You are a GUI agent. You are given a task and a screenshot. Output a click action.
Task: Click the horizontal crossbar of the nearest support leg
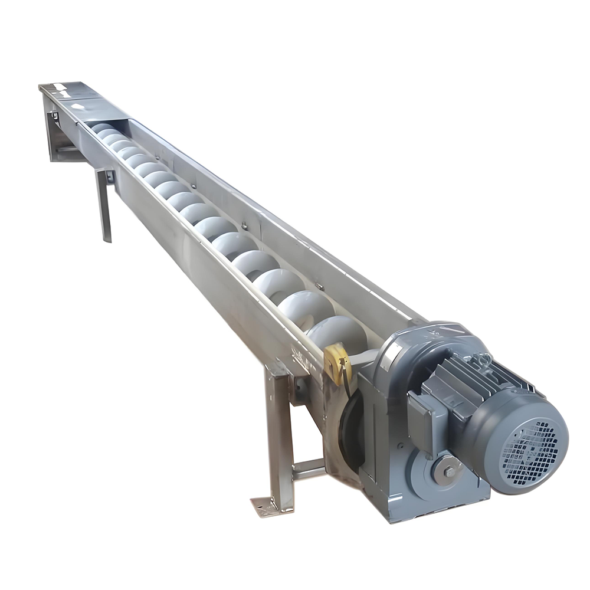[307, 469]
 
